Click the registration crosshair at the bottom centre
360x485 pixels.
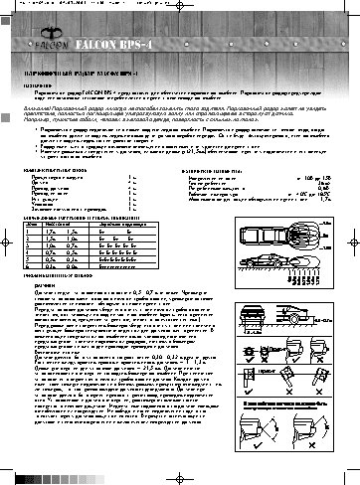[x=179, y=475]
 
